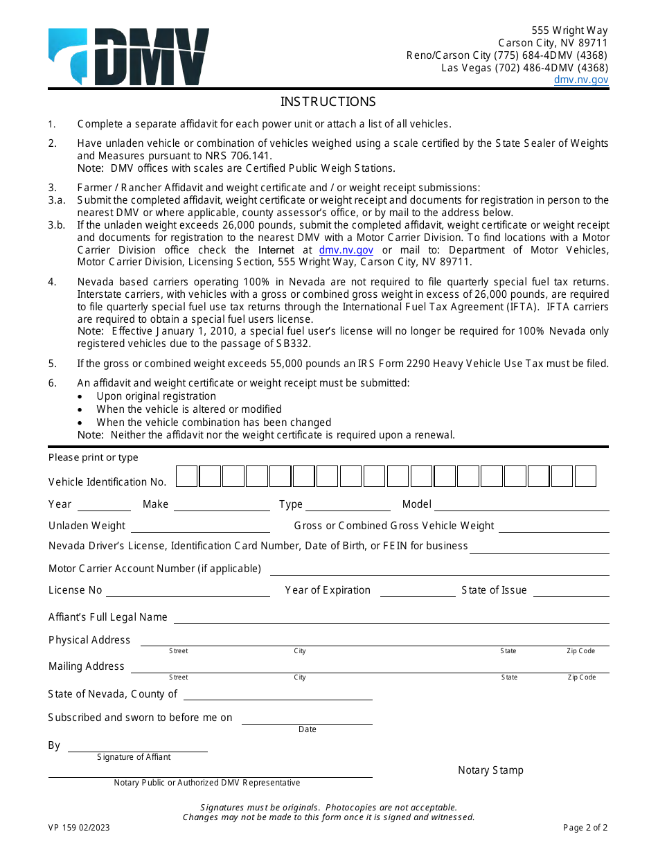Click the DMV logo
click(x=129, y=57)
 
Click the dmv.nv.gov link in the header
click(x=580, y=80)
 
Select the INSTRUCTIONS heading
click(x=328, y=102)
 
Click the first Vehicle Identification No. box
click(x=187, y=477)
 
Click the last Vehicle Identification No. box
click(x=585, y=477)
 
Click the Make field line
click(x=222, y=506)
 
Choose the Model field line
click(x=522, y=506)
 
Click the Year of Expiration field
click(x=418, y=592)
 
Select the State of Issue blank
click(x=571, y=592)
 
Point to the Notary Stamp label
click(x=490, y=770)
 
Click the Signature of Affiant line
click(x=137, y=747)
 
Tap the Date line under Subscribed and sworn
click(x=307, y=720)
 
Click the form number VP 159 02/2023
click(x=79, y=828)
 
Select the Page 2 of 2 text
click(x=585, y=828)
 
